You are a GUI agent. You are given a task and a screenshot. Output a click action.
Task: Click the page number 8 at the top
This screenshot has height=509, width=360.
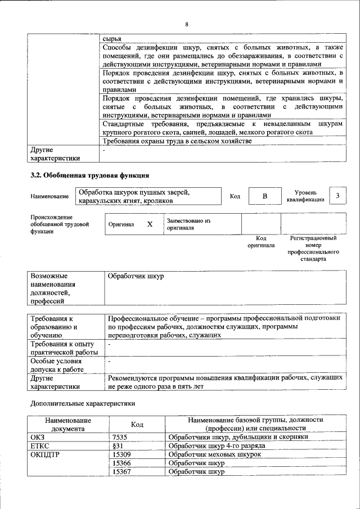pos(186,24)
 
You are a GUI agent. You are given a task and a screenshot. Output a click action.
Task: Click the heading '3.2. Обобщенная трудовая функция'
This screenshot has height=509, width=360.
pos(89,175)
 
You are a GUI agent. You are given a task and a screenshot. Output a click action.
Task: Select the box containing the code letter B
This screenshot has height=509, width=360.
pos(265,196)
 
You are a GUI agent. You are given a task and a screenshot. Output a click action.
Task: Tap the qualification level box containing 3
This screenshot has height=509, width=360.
pos(337,195)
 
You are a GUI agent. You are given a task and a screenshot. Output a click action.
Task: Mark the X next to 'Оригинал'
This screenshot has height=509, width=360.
pos(150,224)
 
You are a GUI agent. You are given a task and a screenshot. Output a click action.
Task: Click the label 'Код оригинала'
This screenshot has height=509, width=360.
pos(260,242)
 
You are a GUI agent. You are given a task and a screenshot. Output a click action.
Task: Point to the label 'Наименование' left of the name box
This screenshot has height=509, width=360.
pos(50,196)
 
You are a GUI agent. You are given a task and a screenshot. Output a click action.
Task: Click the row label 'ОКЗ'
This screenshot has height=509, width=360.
pos(38,436)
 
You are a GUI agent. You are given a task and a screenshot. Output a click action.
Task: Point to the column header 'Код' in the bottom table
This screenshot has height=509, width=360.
pos(137,424)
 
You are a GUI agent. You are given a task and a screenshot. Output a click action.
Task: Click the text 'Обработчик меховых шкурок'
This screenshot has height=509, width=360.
pos(215,454)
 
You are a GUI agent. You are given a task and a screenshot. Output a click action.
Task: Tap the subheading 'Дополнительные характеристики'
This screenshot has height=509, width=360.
pos(82,403)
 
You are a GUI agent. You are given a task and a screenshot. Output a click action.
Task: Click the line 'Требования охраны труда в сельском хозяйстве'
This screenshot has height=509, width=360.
pos(177,141)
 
